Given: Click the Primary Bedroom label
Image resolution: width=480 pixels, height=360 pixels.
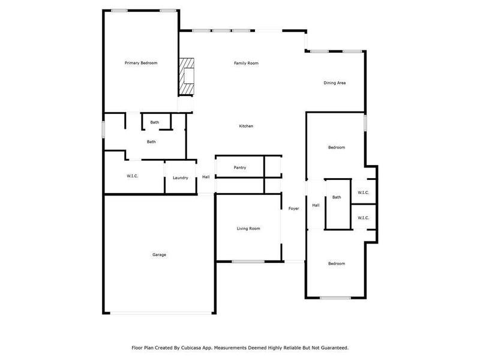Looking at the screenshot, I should [141, 62].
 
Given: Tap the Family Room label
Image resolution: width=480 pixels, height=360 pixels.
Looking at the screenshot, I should [246, 62].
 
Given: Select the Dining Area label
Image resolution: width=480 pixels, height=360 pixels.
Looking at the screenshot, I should [335, 83].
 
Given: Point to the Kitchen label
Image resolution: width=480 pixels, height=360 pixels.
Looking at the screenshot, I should [246, 126].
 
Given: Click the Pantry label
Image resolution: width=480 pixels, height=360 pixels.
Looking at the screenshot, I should [240, 167].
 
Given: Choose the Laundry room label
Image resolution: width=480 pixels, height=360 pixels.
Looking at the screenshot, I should [181, 178].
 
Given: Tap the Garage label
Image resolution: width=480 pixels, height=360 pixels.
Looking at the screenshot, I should [159, 254].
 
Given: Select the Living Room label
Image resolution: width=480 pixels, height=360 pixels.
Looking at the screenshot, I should [248, 228].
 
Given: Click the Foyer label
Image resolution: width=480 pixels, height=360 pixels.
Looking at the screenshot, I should [294, 208].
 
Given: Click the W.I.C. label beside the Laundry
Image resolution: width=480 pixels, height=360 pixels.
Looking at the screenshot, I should [133, 176].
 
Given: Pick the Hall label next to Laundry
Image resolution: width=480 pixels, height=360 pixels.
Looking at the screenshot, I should [206, 177].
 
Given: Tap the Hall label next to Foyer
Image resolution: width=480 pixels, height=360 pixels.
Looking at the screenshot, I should [316, 205].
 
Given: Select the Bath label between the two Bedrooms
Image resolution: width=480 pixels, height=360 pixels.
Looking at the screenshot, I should [337, 197].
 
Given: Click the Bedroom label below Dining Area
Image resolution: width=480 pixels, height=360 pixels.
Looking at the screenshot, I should [336, 147].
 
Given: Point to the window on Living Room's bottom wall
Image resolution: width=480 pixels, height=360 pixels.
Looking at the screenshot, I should [248, 261].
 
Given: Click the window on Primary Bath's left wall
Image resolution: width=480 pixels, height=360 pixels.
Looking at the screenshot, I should [104, 130].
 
